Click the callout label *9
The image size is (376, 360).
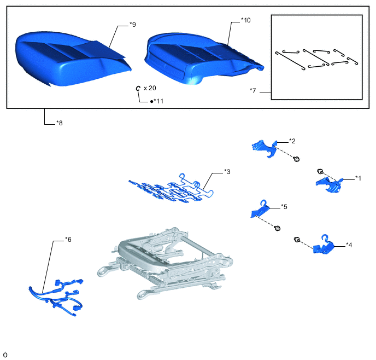133,25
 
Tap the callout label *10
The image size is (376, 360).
246,20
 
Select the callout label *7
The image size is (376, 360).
253,91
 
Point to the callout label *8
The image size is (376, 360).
60,123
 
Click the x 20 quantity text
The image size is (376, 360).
150,88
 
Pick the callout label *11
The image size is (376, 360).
157,101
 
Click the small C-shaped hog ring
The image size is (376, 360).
138,88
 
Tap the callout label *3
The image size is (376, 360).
227,172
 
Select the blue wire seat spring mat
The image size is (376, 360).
171,189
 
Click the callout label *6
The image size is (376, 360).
68,240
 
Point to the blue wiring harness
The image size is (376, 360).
56,297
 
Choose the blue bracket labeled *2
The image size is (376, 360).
265,148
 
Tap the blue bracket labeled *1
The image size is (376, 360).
329,184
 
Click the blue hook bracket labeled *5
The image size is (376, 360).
260,209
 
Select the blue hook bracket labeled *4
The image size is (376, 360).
324,246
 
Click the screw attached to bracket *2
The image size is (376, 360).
297,159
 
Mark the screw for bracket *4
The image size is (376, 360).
297,240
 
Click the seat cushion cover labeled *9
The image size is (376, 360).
72,59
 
